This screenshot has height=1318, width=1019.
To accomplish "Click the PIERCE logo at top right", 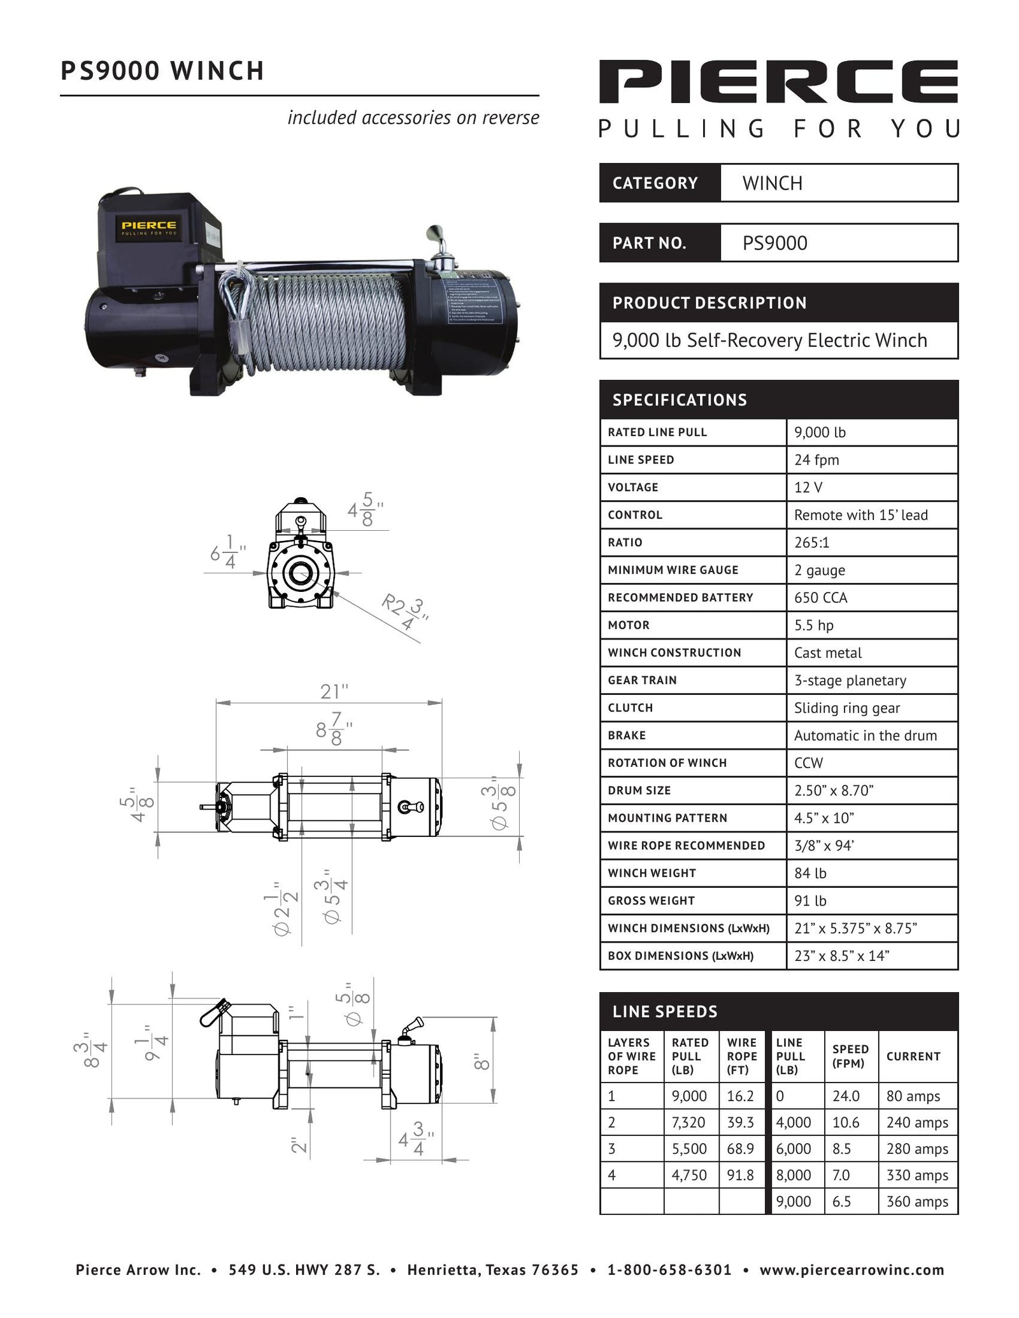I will (x=778, y=81).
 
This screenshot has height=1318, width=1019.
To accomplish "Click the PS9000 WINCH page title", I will (x=162, y=71).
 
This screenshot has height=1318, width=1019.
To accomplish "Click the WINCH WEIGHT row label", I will (x=652, y=873).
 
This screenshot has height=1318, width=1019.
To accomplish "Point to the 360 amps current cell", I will (x=916, y=1202).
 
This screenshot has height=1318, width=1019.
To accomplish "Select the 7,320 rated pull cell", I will (x=688, y=1122).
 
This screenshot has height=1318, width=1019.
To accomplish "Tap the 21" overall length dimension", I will (x=334, y=691).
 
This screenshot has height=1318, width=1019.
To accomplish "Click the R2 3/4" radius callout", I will (x=404, y=612).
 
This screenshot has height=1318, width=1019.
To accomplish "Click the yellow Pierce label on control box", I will (x=149, y=228).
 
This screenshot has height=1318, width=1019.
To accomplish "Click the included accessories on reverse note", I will (x=413, y=118).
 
